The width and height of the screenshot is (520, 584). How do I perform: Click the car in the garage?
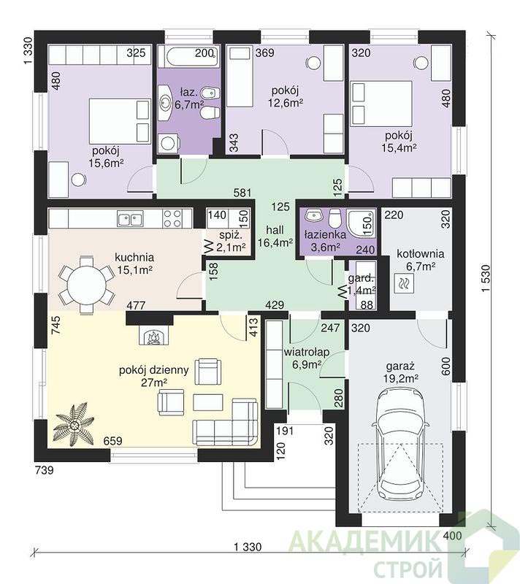pyautogui.click(x=400, y=443)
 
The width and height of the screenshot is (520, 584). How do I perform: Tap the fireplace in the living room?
pyautogui.click(x=155, y=334)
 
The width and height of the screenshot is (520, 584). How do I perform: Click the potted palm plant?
pyautogui.click(x=74, y=425)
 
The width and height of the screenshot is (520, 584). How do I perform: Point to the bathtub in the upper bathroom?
pyautogui.click(x=188, y=57)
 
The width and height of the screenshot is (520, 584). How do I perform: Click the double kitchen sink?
pyautogui.click(x=130, y=218)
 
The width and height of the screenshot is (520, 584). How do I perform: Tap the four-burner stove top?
pyautogui.click(x=173, y=218)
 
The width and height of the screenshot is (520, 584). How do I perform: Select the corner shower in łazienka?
pyautogui.click(x=360, y=221)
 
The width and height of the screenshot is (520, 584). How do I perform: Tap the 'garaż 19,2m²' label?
pyautogui.click(x=400, y=372)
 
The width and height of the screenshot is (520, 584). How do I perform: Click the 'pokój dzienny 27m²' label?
pyautogui.click(x=154, y=376)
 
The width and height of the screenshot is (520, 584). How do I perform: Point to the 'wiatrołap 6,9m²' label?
pyautogui.click(x=307, y=358)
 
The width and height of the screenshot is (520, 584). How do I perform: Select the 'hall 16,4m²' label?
pyautogui.click(x=275, y=236)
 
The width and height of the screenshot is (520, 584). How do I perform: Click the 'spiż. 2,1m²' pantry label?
pyautogui.click(x=232, y=241)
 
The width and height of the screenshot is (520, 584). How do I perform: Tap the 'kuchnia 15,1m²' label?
pyautogui.click(x=134, y=264)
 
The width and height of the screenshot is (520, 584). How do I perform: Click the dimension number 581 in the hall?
pyautogui.click(x=242, y=193)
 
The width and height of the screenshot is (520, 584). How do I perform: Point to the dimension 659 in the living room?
pyautogui.click(x=112, y=441)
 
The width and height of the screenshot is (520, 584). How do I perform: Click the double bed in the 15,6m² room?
pyautogui.click(x=120, y=120)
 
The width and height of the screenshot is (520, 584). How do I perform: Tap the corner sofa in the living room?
pyautogui.click(x=226, y=422)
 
